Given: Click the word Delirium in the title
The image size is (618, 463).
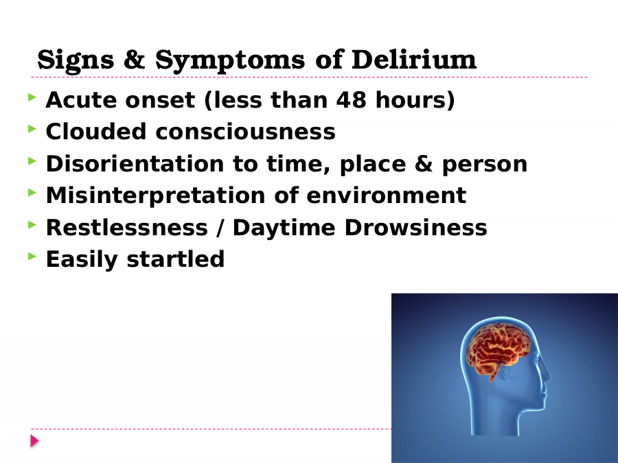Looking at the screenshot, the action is pos(414,60).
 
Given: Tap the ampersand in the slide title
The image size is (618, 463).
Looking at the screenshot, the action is pos(135,60).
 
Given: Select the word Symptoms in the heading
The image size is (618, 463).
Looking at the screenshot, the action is pos(230,60).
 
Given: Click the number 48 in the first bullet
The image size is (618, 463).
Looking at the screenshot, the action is pos(351,99).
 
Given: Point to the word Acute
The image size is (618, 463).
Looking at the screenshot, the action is pos(81,99).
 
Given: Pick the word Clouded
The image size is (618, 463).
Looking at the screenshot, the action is pos(96,131).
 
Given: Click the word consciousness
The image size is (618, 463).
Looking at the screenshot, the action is pos(246,132).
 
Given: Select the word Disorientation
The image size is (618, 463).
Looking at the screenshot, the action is pos(135,163).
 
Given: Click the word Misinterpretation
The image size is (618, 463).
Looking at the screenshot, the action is pos(156,195).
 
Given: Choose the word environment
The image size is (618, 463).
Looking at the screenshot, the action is pos(386,195).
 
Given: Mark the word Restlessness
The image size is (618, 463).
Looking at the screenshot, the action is pos(127,228).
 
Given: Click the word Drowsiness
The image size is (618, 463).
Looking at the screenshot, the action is pos(416,228).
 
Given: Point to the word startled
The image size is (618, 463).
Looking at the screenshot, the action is pos(175,259).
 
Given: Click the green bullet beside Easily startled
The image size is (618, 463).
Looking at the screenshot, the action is pos(32,257).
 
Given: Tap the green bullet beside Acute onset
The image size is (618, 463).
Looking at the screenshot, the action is pos(32,97).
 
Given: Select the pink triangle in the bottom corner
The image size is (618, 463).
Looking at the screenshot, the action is pos(35,441).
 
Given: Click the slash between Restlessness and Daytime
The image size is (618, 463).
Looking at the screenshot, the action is pos(220,228).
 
